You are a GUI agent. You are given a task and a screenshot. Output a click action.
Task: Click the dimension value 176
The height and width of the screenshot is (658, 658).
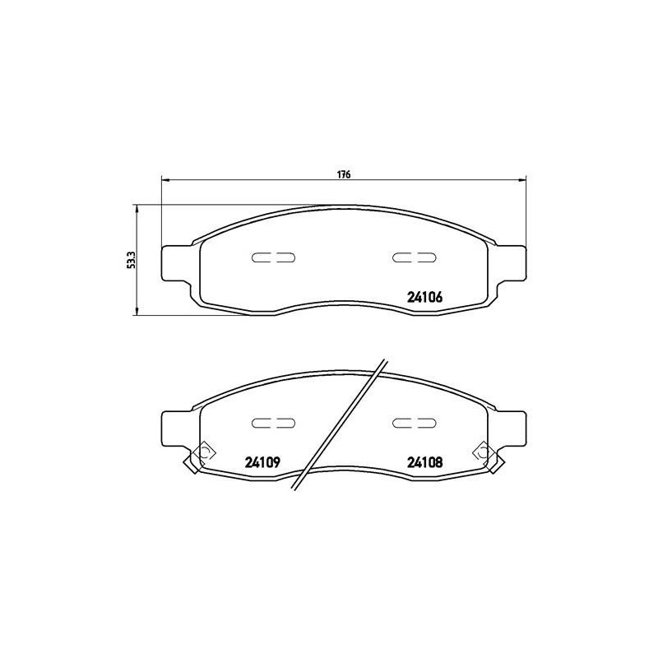pyautogui.click(x=344, y=174)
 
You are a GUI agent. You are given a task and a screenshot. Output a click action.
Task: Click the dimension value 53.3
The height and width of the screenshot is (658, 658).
pyautogui.click(x=130, y=259)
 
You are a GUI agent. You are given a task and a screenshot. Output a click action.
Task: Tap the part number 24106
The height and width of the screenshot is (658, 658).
pyautogui.click(x=425, y=299)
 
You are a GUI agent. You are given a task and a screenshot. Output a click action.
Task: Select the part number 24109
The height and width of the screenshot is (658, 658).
pyautogui.click(x=263, y=462)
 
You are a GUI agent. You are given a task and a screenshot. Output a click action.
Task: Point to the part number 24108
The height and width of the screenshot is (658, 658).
pyautogui.click(x=425, y=462)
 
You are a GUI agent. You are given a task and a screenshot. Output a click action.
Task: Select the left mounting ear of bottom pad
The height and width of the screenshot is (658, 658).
pyautogui.click(x=175, y=425)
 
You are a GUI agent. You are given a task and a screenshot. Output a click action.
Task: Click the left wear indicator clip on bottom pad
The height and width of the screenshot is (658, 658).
pyautogui.click(x=201, y=454)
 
